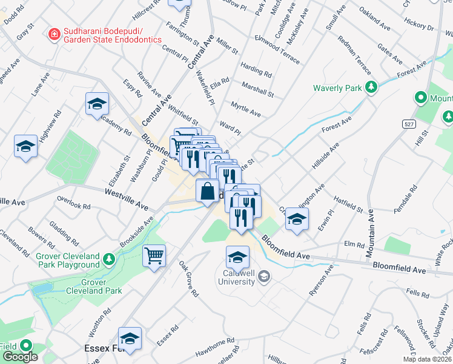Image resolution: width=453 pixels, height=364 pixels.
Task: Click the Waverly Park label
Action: (337, 88)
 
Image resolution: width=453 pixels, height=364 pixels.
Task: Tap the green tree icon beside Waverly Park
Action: (371, 87)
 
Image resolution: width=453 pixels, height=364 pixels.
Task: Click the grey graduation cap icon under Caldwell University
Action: (263, 277)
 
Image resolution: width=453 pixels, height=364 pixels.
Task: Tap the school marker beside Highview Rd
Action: (26, 146)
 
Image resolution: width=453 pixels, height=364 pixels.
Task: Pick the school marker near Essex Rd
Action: (130, 338)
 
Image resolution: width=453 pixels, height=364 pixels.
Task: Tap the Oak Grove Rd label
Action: (188, 279)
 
